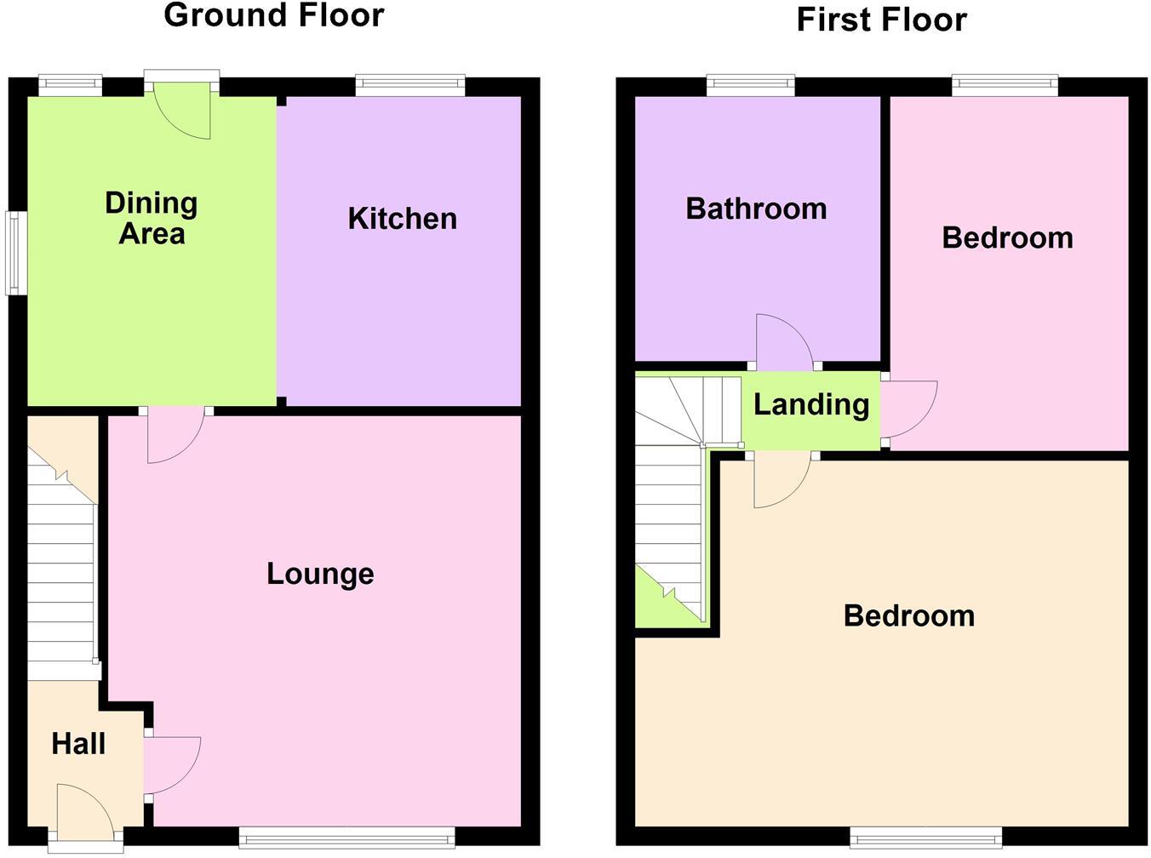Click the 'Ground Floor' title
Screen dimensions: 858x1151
pyautogui.click(x=273, y=15)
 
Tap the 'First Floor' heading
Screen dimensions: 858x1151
pyautogui.click(x=881, y=20)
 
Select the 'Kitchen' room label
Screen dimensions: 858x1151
pyautogui.click(x=402, y=219)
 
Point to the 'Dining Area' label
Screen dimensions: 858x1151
pyautogui.click(x=152, y=218)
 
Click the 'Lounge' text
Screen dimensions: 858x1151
pyautogui.click(x=320, y=574)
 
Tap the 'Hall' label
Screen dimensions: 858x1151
pyautogui.click(x=78, y=744)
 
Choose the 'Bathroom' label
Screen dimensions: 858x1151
pyautogui.click(x=756, y=209)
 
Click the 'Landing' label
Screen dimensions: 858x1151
pyautogui.click(x=810, y=404)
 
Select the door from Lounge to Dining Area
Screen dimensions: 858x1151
pyautogui.click(x=175, y=433)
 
